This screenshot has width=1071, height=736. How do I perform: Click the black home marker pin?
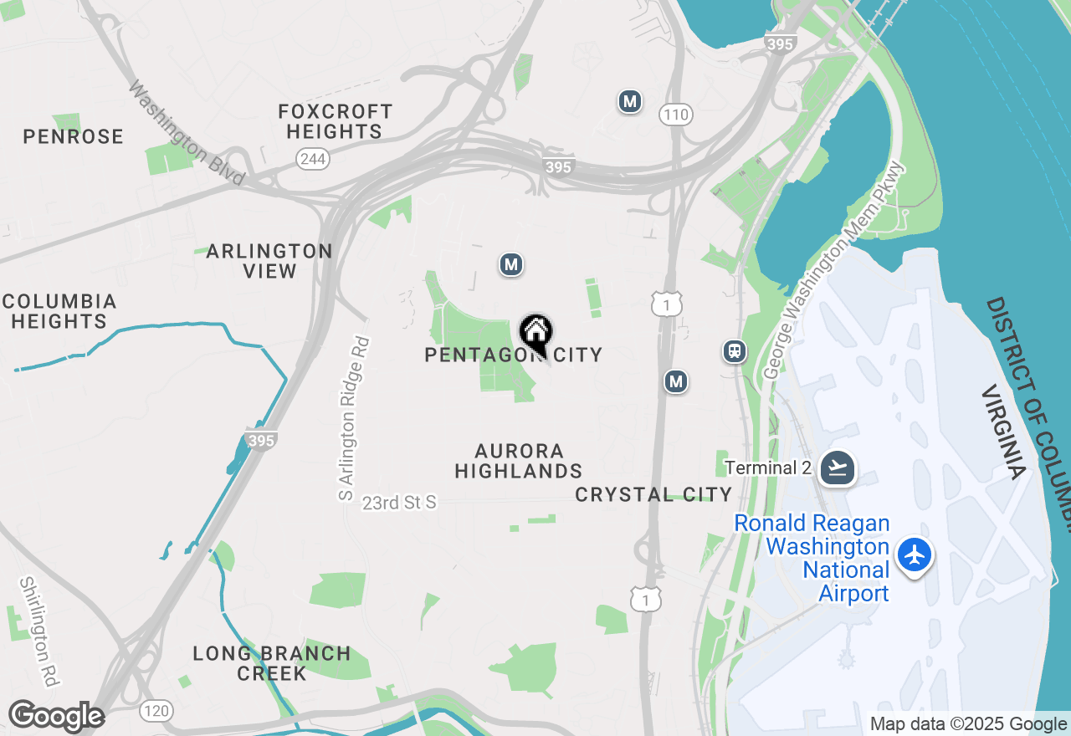(535, 333)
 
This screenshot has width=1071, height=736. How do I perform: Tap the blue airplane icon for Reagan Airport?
(915, 555)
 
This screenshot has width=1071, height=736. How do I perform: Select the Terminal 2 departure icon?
(838, 468)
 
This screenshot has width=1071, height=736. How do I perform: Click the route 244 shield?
(312, 158)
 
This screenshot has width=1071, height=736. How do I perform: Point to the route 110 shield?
(675, 114)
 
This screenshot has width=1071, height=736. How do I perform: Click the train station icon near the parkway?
(735, 351)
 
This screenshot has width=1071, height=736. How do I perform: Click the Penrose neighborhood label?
(74, 136)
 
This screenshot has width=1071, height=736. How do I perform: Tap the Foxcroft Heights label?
(336, 121)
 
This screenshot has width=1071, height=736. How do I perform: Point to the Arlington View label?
(269, 261)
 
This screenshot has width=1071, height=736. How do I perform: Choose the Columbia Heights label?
(59, 311)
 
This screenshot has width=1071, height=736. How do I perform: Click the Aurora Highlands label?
(518, 461)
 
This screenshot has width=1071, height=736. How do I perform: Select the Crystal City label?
(653, 494)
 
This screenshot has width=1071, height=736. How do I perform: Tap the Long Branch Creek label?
(272, 663)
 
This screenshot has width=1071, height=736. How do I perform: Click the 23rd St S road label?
(400, 503)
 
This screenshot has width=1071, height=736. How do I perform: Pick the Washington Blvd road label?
(187, 133)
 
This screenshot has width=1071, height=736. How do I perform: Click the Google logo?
(56, 717)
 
